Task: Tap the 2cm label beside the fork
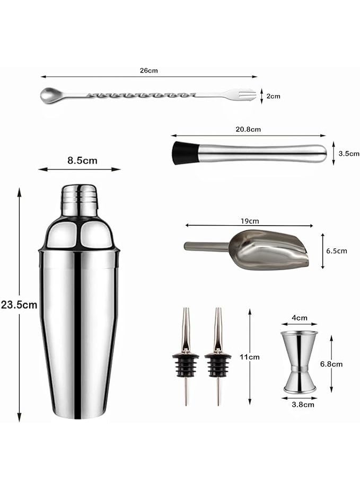coord(273,96)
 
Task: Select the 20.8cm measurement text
coord(249,129)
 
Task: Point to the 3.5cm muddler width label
coord(349,154)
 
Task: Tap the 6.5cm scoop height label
coord(336,251)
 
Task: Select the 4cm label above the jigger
coord(300,318)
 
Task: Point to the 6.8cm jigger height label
coord(331,364)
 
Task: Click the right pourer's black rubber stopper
coord(218,364)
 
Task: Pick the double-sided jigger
coord(300,362)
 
